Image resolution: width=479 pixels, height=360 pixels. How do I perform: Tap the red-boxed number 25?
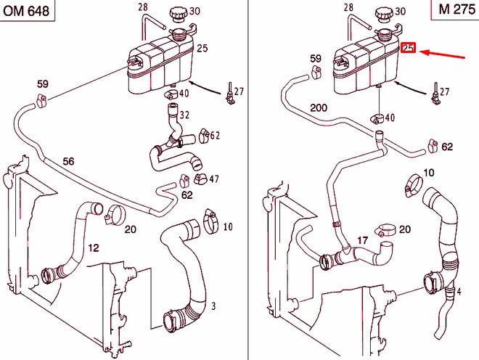pos(408,49)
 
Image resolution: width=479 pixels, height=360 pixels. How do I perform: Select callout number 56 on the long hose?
pos(68,161)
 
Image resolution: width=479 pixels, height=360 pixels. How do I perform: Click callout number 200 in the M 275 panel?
pos(319,107)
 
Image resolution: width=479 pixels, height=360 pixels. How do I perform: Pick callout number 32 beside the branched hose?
pos(184,115)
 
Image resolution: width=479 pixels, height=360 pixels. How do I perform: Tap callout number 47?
pos(214,179)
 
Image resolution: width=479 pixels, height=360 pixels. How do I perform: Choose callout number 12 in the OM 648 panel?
pos(94,248)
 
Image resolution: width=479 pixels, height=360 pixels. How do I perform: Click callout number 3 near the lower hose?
pos(213,308)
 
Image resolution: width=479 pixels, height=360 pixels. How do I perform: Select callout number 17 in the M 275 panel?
pos(363,240)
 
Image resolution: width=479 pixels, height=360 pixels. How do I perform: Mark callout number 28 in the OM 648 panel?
pos(142,7)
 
